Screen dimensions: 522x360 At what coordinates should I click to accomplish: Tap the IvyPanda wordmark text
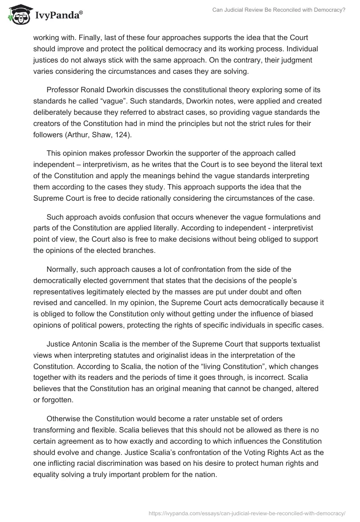[x=58, y=16]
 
